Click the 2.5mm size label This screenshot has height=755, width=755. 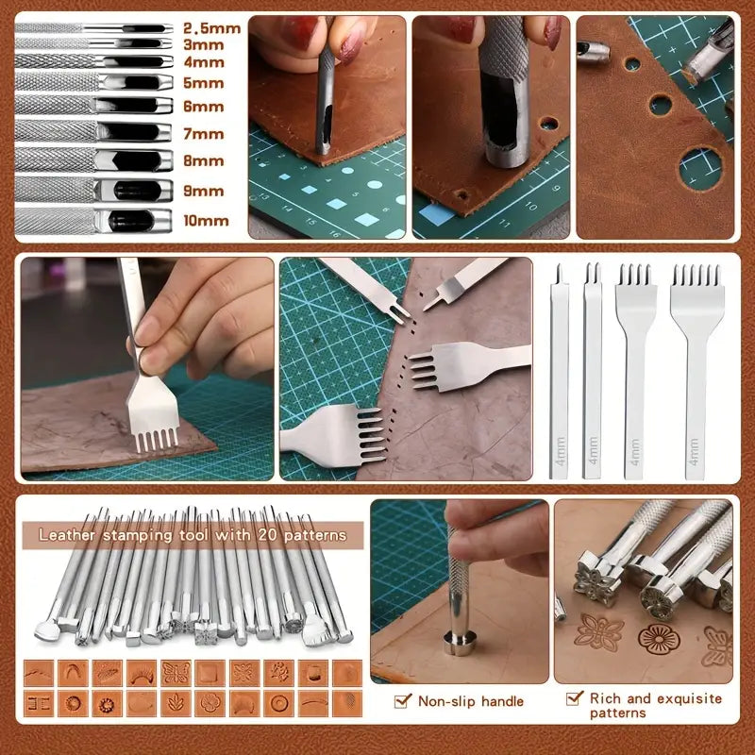coord(211,28)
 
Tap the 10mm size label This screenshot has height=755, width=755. coord(206,221)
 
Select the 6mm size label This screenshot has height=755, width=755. coord(204,107)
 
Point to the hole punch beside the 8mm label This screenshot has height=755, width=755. coord(93,159)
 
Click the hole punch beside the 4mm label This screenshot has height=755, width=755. coord(93,61)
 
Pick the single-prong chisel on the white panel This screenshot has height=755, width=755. coord(559,371)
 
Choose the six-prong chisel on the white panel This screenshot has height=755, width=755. coord(696,371)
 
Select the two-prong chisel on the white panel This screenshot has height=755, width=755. coord(592,371)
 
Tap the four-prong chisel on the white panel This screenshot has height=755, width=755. coord(635,371)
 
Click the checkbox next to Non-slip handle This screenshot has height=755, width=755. coord(402,701)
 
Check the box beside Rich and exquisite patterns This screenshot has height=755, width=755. coord(574,698)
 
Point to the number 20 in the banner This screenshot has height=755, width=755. coord(267,535)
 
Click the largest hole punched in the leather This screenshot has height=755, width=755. coord(700,169)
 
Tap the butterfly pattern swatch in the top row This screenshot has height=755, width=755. coord(176,673)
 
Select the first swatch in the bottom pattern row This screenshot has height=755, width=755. coord(39,703)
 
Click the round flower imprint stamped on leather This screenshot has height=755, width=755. coord(659,640)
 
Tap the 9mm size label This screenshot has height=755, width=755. coord(204,192)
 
